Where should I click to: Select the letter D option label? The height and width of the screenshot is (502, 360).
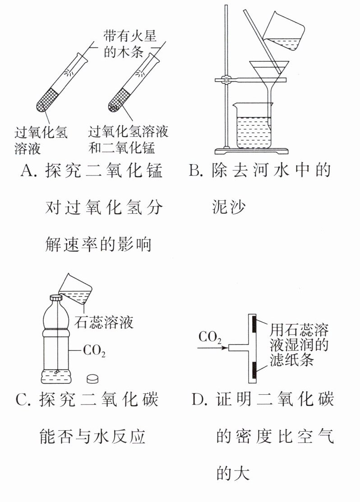click(198, 400)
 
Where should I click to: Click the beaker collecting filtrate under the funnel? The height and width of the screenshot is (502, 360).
click(253, 126)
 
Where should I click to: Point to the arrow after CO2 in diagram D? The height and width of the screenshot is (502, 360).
click(212, 348)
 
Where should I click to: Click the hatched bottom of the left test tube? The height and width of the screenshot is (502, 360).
click(49, 99)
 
